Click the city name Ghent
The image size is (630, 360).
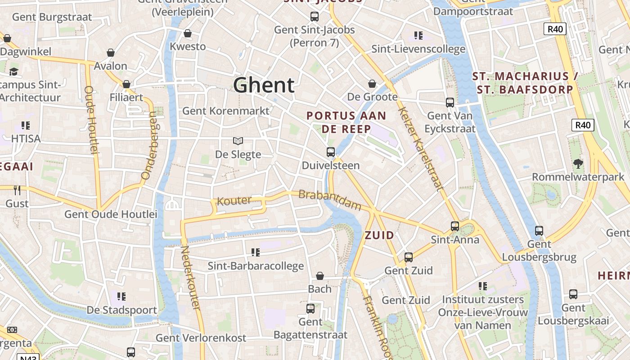pos(264,85)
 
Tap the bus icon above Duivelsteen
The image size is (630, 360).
pos(331,152)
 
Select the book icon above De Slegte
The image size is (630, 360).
pos(238,141)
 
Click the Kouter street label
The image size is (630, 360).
pos(234,201)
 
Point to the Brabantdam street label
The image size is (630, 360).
pos(330,200)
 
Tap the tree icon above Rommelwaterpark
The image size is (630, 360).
pos(578,164)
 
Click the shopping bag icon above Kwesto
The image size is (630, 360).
pos(188,33)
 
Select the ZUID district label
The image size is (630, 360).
pos(379,235)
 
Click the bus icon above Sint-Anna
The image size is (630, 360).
pos(455,226)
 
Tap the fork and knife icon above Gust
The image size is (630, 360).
pos(17,190)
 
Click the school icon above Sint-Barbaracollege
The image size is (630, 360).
pos(256,252)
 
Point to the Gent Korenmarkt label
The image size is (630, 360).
pos(226,111)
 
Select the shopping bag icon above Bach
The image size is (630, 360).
pos(320,276)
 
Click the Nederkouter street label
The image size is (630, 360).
pos(190,277)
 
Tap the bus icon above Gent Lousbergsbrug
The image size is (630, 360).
pos(539,231)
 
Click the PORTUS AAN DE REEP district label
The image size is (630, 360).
pos(346,122)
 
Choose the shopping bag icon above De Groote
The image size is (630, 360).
pos(372,84)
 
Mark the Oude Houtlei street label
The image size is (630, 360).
pos(91,120)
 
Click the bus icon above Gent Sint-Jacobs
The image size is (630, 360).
pos(315,17)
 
